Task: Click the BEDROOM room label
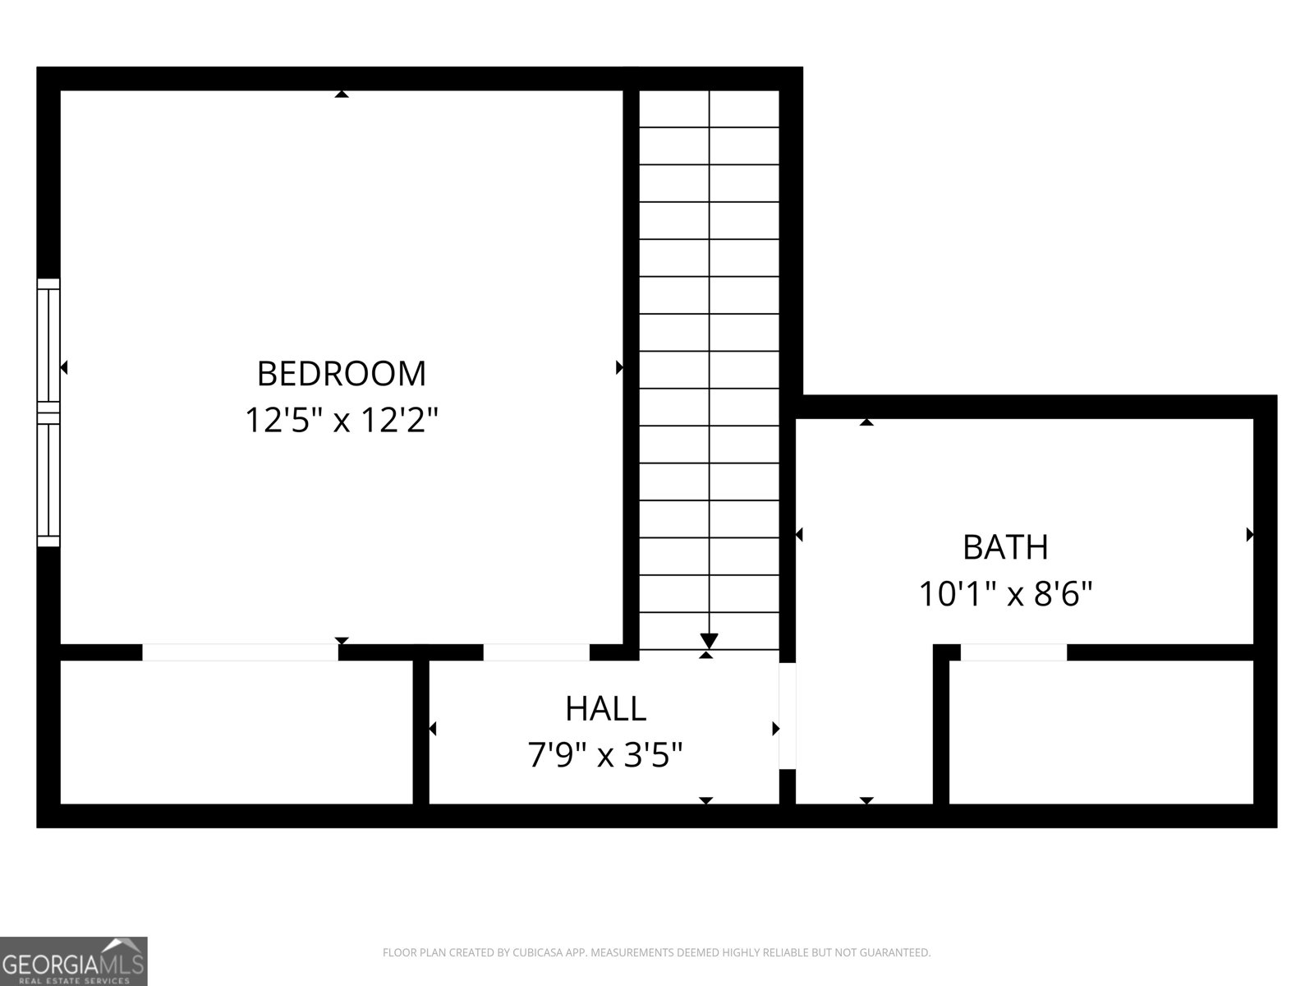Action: [x=342, y=374]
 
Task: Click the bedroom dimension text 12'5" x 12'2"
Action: [x=342, y=421]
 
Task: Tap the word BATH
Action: [x=1005, y=547]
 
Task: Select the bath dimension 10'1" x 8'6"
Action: [x=1005, y=593]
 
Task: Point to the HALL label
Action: [x=605, y=708]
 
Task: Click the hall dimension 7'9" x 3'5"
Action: [x=605, y=754]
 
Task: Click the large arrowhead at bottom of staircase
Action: [x=710, y=641]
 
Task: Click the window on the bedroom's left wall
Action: [x=48, y=412]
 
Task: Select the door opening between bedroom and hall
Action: [x=536, y=652]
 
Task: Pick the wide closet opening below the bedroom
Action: [x=240, y=652]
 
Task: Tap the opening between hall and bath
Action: [x=787, y=715]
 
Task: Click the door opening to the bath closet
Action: [x=1013, y=652]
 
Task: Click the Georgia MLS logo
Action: [x=73, y=961]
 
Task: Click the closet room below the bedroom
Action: [x=237, y=731]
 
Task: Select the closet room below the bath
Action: [x=1100, y=731]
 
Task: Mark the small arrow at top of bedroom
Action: [x=342, y=94]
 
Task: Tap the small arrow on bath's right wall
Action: [x=1250, y=535]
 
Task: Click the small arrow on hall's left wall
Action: [x=432, y=729]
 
